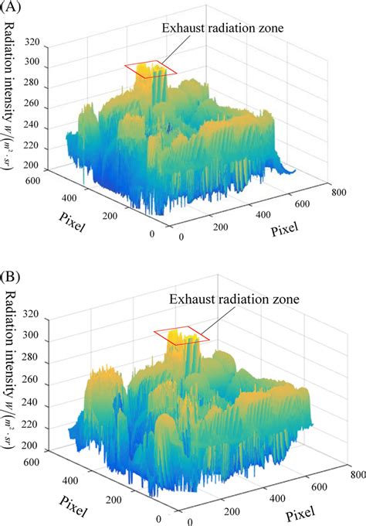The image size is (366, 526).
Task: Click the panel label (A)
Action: tap(12, 10)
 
